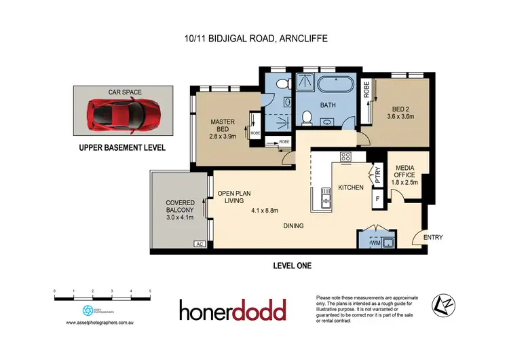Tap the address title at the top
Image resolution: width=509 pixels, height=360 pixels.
coord(254,39)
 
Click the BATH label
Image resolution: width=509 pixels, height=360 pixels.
coord(328,106)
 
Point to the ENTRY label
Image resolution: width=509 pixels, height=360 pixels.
coord(433,238)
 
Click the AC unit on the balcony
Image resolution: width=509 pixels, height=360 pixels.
coord(200,244)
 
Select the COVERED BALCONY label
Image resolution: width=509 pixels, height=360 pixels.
coord(181,210)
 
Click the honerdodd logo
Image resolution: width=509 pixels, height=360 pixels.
coord(233,310)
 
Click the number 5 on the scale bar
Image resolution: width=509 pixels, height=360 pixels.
coord(150,291)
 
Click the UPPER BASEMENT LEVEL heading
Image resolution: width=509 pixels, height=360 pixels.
coord(122,147)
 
